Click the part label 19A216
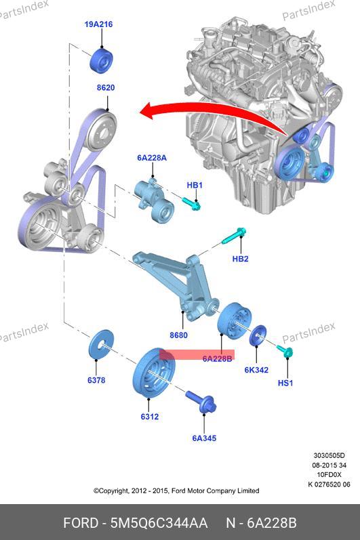[x=98, y=24]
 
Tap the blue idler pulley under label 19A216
[x=102, y=61]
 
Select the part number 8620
[x=106, y=88]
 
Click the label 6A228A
[x=152, y=158]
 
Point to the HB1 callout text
[x=195, y=185]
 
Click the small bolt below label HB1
[x=192, y=204]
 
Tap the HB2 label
[x=241, y=259]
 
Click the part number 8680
[x=178, y=335]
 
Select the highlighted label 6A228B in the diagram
[x=217, y=359]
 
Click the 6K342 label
[x=256, y=370]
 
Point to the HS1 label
[x=285, y=383]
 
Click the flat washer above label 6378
[x=101, y=344]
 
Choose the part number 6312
[x=150, y=417]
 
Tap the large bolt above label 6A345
[x=201, y=402]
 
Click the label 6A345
[x=204, y=438]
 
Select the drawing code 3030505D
[x=329, y=455]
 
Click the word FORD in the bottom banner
[x=81, y=523]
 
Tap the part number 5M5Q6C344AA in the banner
[x=159, y=523]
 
